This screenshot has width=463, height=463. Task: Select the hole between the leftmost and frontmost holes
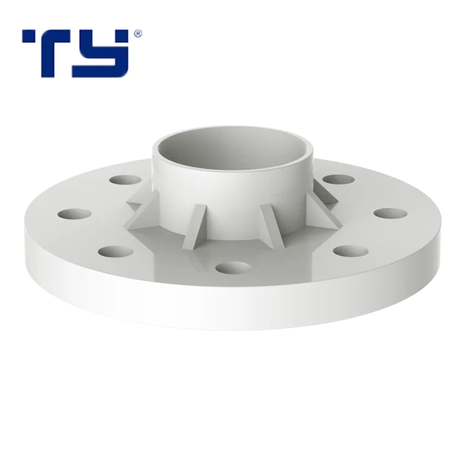117,251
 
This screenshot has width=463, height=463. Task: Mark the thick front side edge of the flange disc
231,309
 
